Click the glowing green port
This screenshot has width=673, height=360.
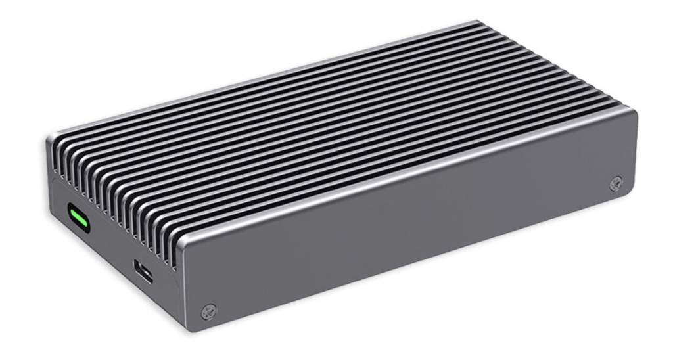point(79,218)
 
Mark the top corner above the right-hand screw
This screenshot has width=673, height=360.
point(632,112)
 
